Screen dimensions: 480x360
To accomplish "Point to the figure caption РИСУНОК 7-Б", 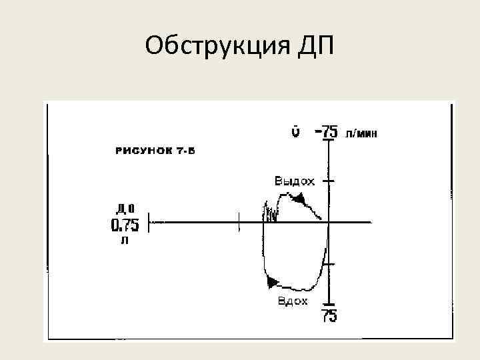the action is [x=155, y=150].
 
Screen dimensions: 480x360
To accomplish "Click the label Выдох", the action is [x=294, y=181].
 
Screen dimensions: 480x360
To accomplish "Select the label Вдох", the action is [x=293, y=301].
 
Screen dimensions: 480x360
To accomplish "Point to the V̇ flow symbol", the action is [x=294, y=131].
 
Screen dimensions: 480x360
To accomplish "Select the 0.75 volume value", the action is [x=125, y=225].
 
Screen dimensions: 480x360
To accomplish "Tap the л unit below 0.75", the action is [x=124, y=241].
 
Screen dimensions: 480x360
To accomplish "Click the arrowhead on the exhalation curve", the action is [x=299, y=199].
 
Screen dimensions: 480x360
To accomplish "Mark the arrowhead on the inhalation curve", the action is [x=272, y=283].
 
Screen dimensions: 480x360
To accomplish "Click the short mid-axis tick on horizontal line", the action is [x=239, y=223].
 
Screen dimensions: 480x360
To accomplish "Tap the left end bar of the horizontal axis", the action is [x=149, y=223].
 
